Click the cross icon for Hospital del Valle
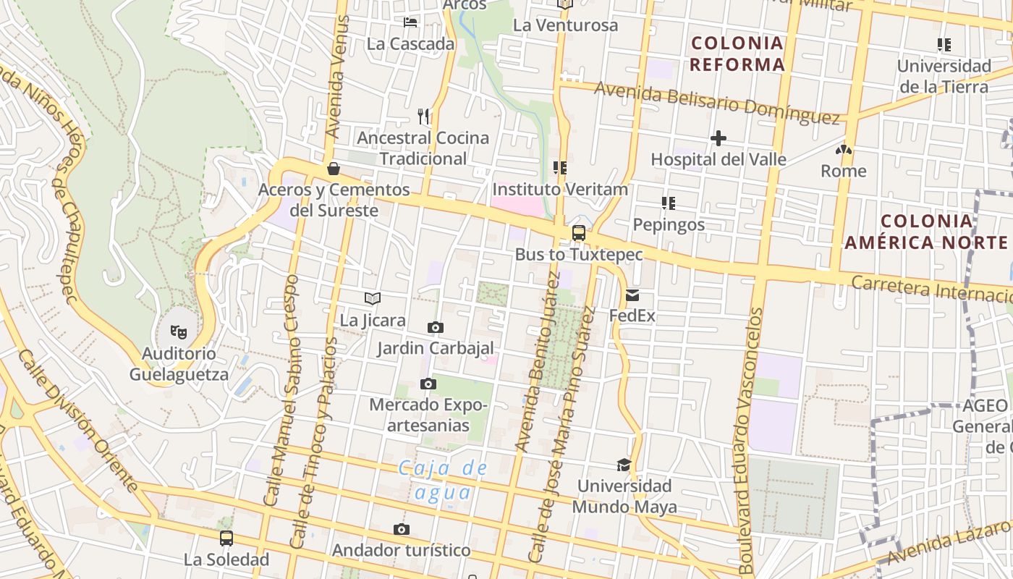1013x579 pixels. click(x=718, y=138)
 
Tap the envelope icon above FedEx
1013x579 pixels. click(x=632, y=295)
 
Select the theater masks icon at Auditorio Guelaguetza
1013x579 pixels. click(x=178, y=332)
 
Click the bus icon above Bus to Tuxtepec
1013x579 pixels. click(x=578, y=233)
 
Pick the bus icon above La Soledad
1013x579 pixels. click(x=226, y=538)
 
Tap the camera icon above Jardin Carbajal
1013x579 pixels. click(x=435, y=327)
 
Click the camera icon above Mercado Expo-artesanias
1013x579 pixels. click(x=428, y=384)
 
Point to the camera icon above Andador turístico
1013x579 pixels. click(x=401, y=530)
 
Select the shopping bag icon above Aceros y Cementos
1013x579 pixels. click(x=334, y=169)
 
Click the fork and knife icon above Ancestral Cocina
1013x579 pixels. click(x=423, y=116)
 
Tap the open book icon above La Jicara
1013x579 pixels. click(x=373, y=298)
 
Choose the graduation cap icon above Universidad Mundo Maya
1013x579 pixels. click(x=624, y=465)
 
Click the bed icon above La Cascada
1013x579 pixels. click(x=410, y=22)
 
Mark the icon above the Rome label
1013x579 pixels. click(x=843, y=151)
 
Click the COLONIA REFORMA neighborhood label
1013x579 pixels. click(x=737, y=54)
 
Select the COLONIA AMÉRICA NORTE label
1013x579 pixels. click(x=926, y=232)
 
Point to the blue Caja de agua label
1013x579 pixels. click(x=444, y=480)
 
